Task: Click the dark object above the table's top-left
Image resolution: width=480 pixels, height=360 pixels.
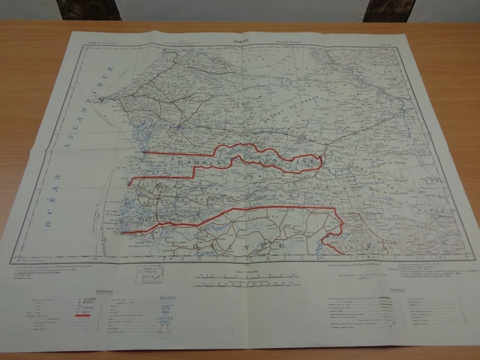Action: tap(88, 10)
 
